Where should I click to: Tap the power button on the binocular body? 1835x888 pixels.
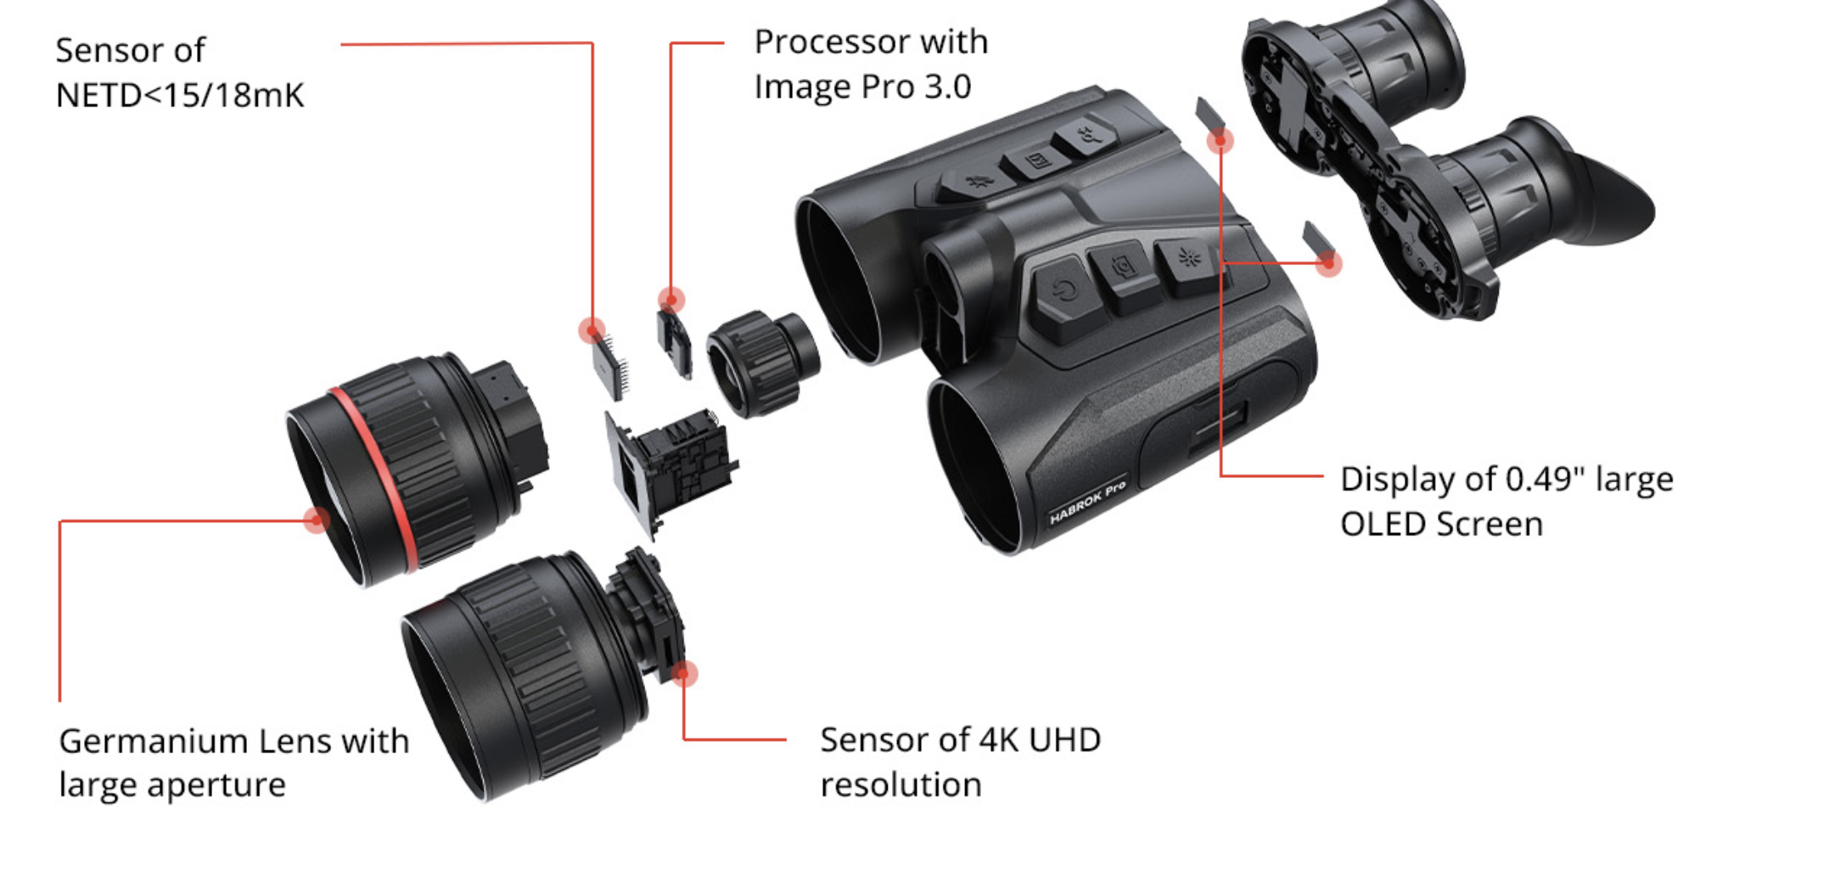[1064, 292]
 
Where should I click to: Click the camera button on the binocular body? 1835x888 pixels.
[1125, 267]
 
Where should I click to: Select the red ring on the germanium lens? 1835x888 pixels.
[373, 475]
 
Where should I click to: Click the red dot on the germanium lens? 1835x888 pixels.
[317, 519]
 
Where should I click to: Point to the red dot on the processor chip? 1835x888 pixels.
[671, 300]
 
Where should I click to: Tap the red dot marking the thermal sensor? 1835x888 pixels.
[592, 329]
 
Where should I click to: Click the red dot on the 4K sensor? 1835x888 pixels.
[684, 674]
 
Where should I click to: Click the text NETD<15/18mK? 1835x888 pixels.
[179, 96]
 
